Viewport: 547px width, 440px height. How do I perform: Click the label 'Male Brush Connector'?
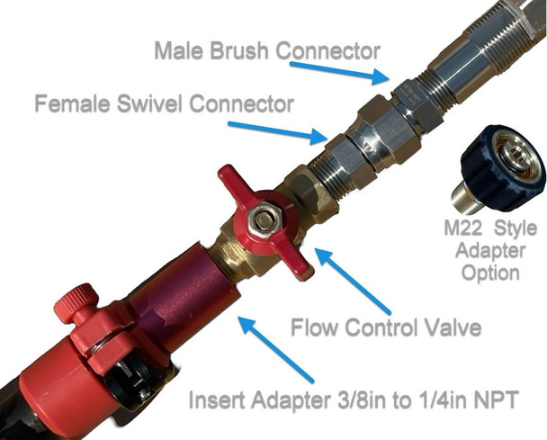click(x=266, y=49)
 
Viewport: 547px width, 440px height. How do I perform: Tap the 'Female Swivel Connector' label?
click(x=165, y=103)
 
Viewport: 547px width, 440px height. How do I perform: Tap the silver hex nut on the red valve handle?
click(x=265, y=219)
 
